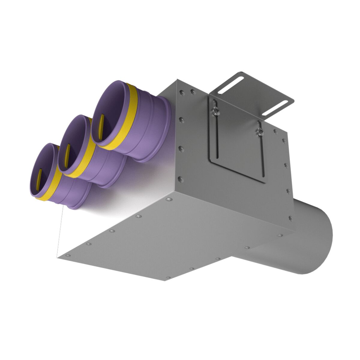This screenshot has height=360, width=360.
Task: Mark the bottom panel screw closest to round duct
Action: [x=280, y=235]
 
